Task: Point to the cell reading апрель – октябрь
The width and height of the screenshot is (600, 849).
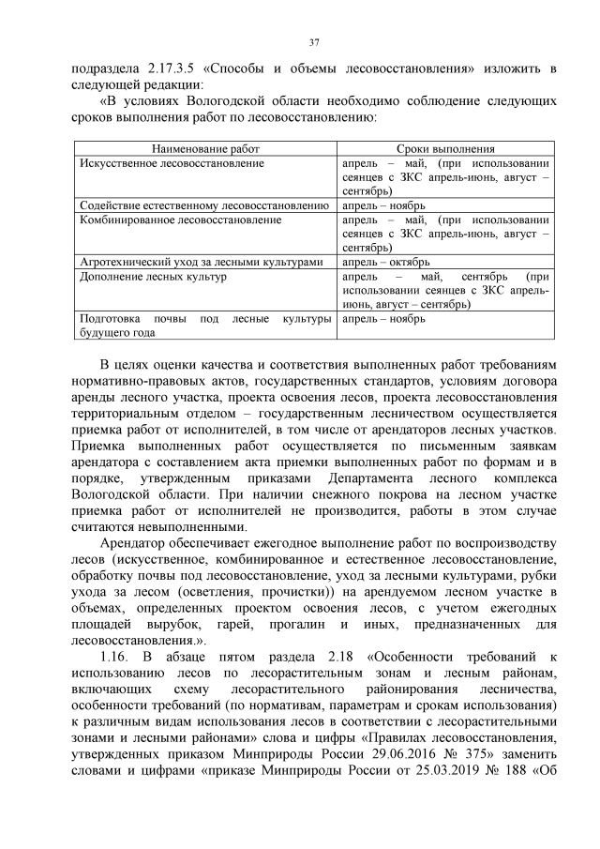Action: click(386, 262)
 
